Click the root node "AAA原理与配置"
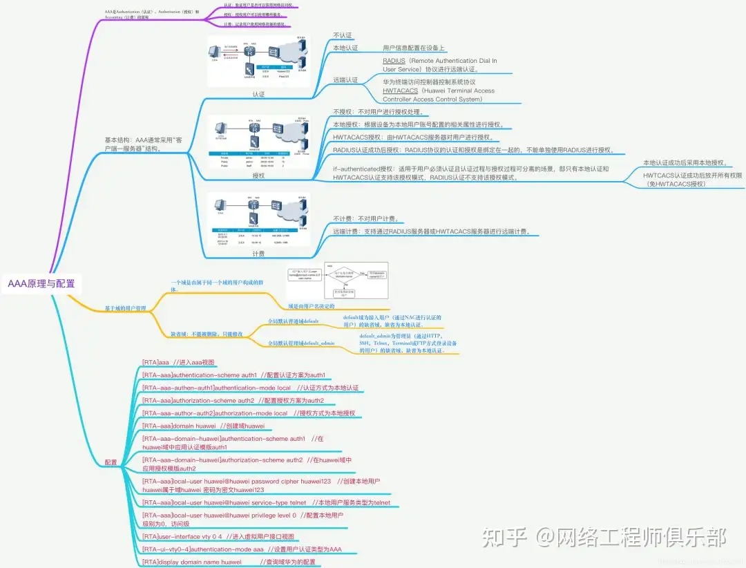pyautogui.click(x=41, y=284)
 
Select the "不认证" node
pyautogui.click(x=343, y=35)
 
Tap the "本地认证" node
pyautogui.click(x=345, y=48)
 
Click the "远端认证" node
pyautogui.click(x=345, y=80)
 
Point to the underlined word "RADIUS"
pyautogui.click(x=394, y=61)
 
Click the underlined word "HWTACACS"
pyautogui.click(x=401, y=91)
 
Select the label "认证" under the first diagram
pyautogui.click(x=258, y=94)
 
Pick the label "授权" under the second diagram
pyautogui.click(x=258, y=176)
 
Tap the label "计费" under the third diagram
pyautogui.click(x=258, y=254)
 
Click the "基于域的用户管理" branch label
pyautogui.click(x=126, y=308)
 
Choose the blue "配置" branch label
pyautogui.click(x=111, y=462)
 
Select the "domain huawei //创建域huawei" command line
pyautogui.click(x=203, y=426)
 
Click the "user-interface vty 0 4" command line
pyautogui.click(x=218, y=536)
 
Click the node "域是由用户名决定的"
pyautogui.click(x=312, y=305)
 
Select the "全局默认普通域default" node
pyautogui.click(x=294, y=321)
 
